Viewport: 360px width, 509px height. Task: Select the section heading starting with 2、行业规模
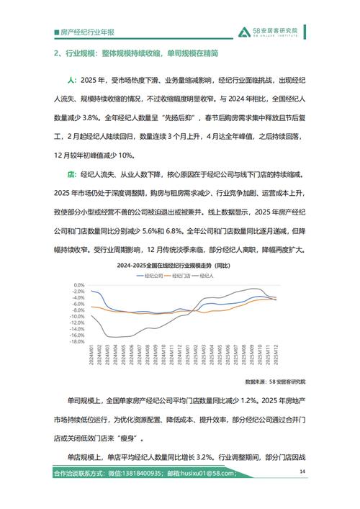(138, 54)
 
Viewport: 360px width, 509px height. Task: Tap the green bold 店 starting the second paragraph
(71, 174)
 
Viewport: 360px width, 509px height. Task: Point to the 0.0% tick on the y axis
(78, 284)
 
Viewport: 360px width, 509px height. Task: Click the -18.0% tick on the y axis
(77, 341)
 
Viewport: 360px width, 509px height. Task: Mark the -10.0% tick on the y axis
(77, 316)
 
